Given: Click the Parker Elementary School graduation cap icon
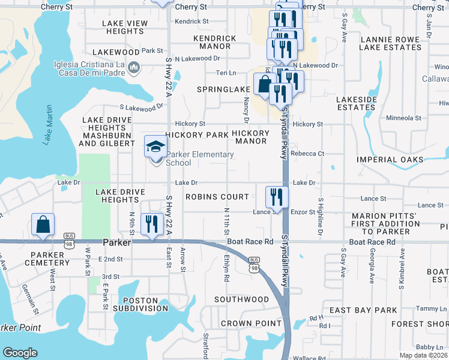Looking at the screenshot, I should point(156,146).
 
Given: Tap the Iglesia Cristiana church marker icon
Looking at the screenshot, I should point(134,68).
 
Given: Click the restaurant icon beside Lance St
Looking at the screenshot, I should point(277,195).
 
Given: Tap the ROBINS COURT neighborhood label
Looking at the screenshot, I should point(217,197).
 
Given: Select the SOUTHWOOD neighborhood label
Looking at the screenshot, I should point(241,299).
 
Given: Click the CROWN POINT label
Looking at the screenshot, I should point(252,323).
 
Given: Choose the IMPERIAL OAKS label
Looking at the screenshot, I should point(390,160).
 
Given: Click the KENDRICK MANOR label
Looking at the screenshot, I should point(215,42).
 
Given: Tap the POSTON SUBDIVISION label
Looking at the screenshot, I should point(145,304).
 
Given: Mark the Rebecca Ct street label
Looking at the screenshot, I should point(307,154).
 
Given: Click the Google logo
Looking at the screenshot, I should point(20,353).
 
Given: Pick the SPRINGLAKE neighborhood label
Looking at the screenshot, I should point(224,89).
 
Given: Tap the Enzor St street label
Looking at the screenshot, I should point(303,212).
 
